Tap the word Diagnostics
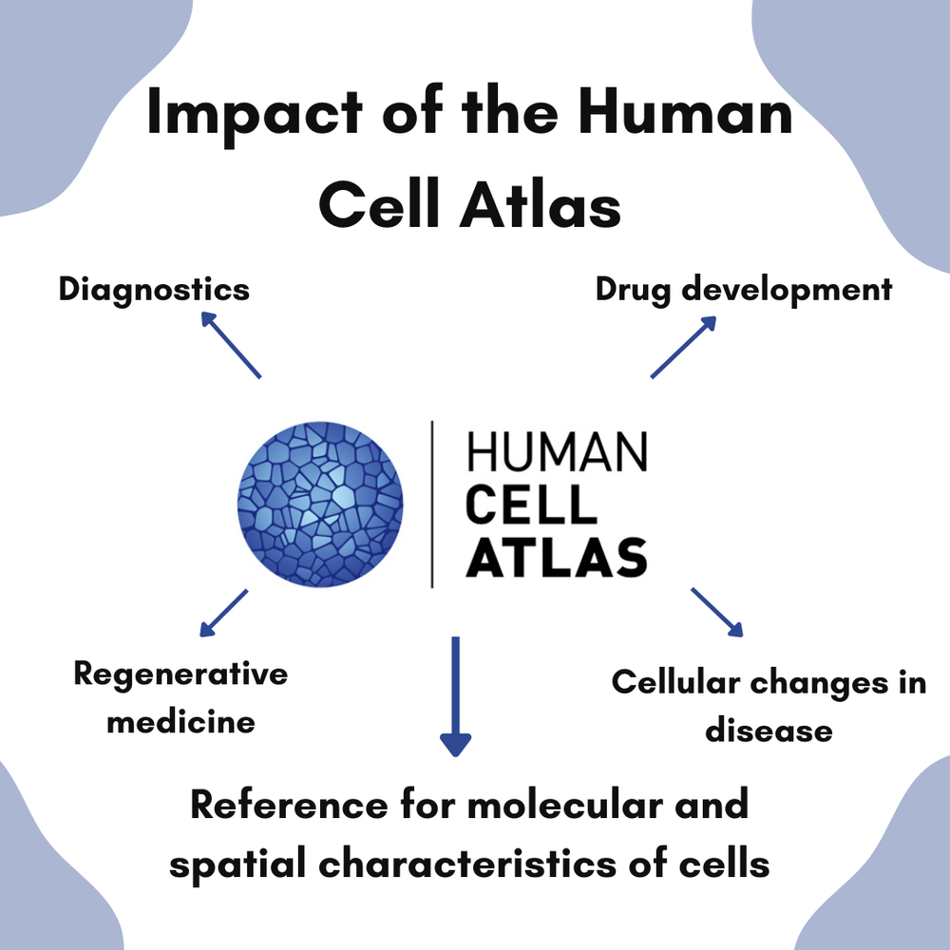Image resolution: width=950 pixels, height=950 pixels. coord(154,289)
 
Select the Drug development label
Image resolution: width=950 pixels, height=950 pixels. coord(744,289)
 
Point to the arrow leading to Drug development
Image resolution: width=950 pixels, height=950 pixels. coord(683,347)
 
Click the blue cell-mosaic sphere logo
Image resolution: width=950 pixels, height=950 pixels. coord(320,503)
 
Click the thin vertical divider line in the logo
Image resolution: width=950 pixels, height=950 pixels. coord(433,503)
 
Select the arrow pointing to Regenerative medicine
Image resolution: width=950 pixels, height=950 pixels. coord(224,613)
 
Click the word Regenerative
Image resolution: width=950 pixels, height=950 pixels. coord(180,674)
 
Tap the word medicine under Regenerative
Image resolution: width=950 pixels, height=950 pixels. coord(180,721)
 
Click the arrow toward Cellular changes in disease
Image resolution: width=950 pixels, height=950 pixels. coord(716,612)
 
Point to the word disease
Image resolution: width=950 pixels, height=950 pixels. coord(769,731)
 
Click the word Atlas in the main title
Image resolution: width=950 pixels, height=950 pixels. coord(541,207)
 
